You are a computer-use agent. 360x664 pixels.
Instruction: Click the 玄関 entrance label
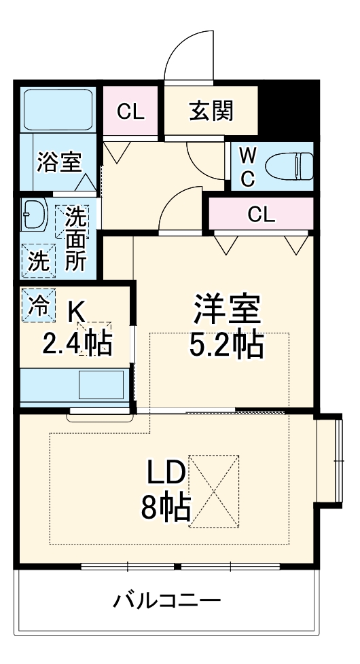211,111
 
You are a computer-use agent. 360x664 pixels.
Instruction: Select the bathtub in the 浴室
58,110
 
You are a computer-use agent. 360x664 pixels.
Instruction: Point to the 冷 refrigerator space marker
38,305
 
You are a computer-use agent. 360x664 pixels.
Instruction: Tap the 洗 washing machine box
39,261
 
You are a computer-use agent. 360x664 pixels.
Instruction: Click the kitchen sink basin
101,384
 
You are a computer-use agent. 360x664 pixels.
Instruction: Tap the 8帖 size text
166,507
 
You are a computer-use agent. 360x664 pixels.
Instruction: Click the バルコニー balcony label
167,600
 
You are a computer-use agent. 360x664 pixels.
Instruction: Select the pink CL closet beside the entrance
130,111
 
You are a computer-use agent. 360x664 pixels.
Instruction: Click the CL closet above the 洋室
262,215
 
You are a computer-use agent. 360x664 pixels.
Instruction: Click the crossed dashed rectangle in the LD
213,492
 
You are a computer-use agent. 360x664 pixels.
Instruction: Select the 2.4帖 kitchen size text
77,344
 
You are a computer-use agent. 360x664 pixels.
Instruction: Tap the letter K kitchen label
77,312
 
